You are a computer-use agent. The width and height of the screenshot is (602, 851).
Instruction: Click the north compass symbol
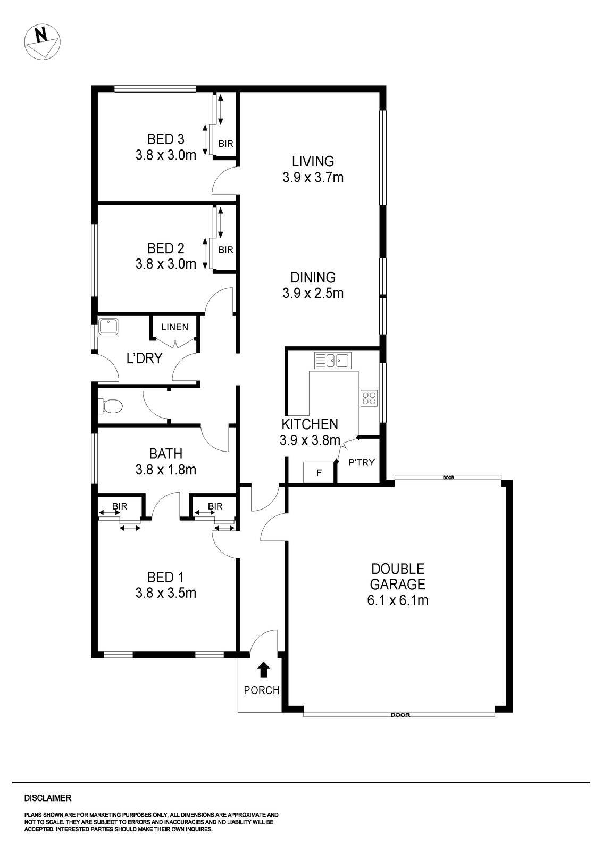(43, 41)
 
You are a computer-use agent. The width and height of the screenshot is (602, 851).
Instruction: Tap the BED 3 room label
(165, 139)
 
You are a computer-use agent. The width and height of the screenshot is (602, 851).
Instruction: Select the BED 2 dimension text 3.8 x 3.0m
(165, 264)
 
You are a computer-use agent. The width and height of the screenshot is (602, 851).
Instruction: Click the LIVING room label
(313, 161)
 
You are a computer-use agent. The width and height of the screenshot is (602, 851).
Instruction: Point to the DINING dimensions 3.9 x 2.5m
(313, 293)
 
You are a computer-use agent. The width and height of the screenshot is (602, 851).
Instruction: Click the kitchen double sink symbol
(332, 361)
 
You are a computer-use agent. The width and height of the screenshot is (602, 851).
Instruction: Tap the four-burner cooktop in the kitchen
(369, 398)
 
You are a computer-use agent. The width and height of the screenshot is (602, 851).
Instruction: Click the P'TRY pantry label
(362, 462)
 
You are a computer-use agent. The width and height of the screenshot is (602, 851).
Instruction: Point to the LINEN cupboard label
(175, 327)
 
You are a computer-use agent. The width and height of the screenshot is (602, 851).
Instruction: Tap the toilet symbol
(111, 407)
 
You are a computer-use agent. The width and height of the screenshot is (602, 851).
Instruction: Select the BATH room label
(165, 454)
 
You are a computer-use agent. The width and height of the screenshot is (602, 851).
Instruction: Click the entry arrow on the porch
(263, 670)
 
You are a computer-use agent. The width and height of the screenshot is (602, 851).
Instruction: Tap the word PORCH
(261, 690)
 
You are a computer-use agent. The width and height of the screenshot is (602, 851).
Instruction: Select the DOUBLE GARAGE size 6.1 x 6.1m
(397, 600)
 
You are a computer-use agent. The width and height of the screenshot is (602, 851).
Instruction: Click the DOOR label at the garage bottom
(400, 715)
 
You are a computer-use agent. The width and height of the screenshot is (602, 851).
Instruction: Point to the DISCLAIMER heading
(47, 798)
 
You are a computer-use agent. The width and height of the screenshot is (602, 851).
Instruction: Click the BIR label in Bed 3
(225, 144)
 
